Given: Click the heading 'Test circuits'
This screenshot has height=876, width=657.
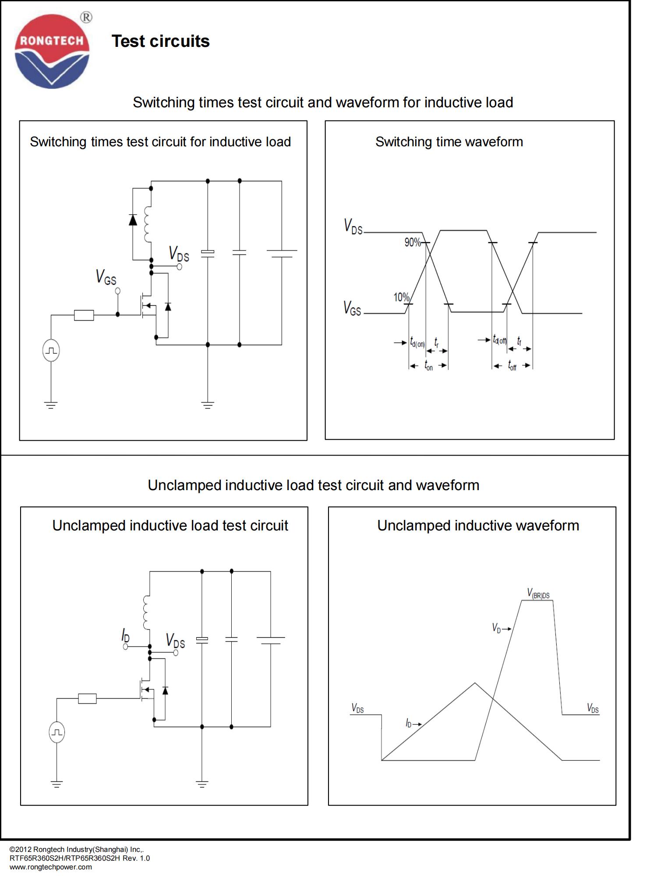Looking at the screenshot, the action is click(161, 41).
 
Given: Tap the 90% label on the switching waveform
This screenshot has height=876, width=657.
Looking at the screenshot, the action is click(412, 242).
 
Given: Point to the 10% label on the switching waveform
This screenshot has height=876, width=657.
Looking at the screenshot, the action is click(401, 297).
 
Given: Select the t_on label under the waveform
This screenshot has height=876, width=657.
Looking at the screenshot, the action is click(428, 365).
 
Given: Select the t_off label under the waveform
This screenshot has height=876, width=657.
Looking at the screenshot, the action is click(512, 365).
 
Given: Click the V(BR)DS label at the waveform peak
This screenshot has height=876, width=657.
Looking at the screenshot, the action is click(538, 593).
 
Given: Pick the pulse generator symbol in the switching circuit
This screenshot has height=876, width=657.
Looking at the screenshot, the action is click(51, 350).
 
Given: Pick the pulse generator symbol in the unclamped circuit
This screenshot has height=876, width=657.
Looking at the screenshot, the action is click(57, 732).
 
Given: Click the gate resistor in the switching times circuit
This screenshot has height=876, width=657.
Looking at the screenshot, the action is click(84, 315).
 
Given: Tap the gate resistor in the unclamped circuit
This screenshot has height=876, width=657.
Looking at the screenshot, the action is click(87, 699).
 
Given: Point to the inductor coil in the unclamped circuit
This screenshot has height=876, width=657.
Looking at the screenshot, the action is click(146, 612).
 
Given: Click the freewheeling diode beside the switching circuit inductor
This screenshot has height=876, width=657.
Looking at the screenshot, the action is click(133, 219).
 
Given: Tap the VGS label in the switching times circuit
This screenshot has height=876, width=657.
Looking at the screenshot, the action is click(106, 277).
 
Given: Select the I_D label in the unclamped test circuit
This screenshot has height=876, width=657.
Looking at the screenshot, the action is click(125, 635).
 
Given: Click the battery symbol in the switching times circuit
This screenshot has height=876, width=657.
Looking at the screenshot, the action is click(282, 254).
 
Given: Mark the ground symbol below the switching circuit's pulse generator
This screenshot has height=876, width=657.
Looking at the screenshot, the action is click(51, 405).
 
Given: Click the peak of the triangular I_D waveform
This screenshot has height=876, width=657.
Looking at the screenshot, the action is click(475, 683).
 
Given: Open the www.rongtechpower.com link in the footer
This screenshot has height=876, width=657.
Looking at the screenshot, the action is click(51, 867).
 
